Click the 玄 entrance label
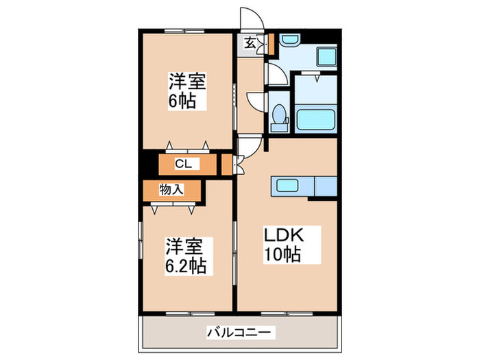point(250,44)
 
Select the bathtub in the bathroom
point(315,117)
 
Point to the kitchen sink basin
point(285,185)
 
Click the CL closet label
point(182,165)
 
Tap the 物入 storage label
point(171,189)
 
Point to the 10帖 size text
point(284,255)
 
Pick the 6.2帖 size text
point(185,265)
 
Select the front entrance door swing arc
point(249,19)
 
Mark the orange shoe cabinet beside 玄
point(269,43)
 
